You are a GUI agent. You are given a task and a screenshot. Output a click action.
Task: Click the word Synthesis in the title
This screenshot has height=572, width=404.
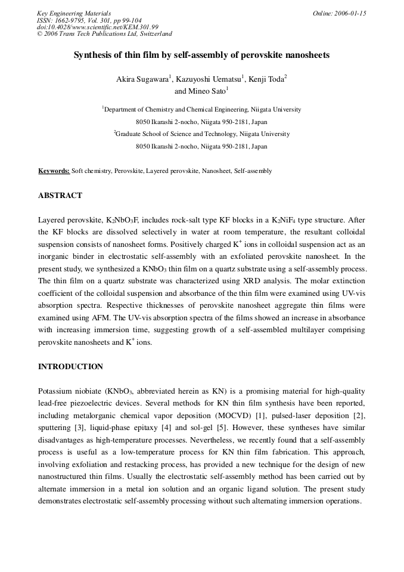click(92, 55)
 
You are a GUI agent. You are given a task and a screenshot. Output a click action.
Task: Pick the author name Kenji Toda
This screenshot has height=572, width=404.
click(266, 79)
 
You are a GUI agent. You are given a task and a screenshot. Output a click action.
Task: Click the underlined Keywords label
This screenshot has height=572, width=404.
click(54, 171)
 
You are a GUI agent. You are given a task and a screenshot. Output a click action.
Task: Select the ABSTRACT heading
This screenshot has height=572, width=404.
click(60, 196)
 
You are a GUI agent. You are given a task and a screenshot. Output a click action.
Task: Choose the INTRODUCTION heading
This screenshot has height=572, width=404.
click(70, 367)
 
